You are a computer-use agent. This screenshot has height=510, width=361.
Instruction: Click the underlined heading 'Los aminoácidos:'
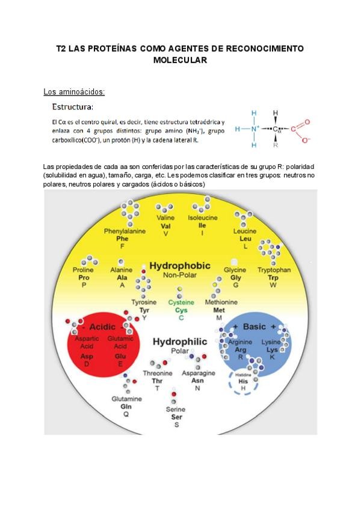point(74,92)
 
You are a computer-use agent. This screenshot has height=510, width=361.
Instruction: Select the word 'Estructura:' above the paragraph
point(72,108)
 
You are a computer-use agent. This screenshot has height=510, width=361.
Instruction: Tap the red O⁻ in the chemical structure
point(306,140)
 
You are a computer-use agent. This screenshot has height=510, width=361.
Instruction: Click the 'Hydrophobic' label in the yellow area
point(179,266)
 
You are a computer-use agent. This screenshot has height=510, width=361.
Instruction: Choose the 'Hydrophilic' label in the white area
point(179,342)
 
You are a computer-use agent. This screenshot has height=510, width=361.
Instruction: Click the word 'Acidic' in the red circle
point(102,327)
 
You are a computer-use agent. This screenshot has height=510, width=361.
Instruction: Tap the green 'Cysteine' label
point(181,302)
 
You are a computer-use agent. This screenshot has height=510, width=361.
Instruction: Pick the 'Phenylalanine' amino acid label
point(125,231)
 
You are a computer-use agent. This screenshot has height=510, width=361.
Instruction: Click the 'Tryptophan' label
point(274,270)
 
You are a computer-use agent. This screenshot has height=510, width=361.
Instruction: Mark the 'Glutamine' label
point(126,399)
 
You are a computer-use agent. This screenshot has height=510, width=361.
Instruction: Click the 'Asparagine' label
point(198,373)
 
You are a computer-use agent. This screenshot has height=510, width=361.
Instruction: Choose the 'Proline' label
point(84,270)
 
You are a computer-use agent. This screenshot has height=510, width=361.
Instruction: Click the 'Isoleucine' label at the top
point(202,217)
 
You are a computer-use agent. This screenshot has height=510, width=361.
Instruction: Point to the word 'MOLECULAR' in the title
point(180,60)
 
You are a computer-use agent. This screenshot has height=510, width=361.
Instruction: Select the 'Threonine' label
point(158,373)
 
